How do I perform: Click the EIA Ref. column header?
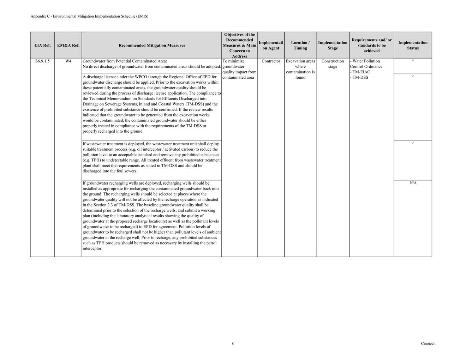click(42, 46)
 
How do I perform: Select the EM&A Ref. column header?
click(68, 46)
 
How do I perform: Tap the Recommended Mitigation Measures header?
click(151, 46)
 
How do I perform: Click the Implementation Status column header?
click(413, 46)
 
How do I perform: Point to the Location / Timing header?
click(300, 46)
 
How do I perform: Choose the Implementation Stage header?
click(333, 46)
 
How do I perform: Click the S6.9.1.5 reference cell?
click(42, 61)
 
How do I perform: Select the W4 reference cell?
click(68, 61)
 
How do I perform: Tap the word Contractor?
click(271, 61)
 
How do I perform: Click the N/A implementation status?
click(413, 183)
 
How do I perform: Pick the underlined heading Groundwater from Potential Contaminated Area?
click(125, 61)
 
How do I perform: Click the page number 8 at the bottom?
click(233, 343)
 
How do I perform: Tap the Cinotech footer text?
click(428, 343)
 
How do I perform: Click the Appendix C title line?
click(89, 16)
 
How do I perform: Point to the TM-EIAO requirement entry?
click(360, 72)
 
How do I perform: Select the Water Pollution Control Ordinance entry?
click(366, 64)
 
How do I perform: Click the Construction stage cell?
click(333, 64)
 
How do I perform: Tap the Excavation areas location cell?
click(300, 69)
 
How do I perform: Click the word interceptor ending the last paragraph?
click(92, 248)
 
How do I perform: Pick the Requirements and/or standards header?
click(371, 46)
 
